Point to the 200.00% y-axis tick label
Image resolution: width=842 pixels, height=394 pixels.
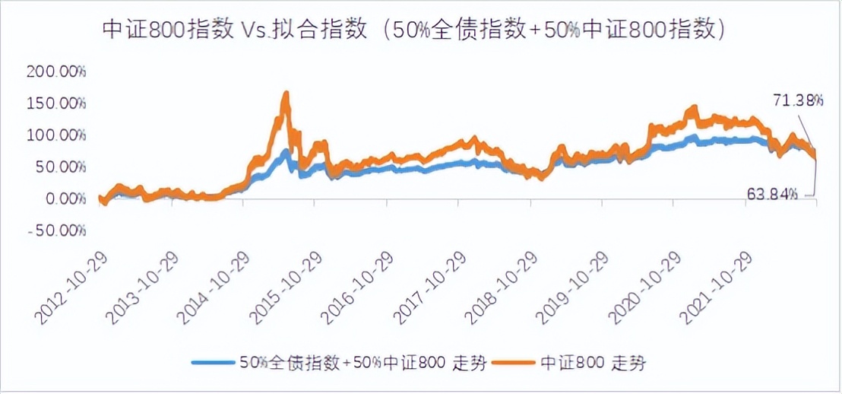point(56,72)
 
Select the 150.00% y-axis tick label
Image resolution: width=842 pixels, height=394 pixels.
point(56,103)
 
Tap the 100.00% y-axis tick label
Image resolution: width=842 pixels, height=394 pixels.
point(56,135)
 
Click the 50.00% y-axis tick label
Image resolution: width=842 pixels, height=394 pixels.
point(60,167)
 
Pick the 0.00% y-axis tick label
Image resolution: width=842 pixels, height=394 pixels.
point(64,199)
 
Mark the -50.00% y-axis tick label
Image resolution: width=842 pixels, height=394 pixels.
point(58,230)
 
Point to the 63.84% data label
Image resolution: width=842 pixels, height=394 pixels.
point(771,195)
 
